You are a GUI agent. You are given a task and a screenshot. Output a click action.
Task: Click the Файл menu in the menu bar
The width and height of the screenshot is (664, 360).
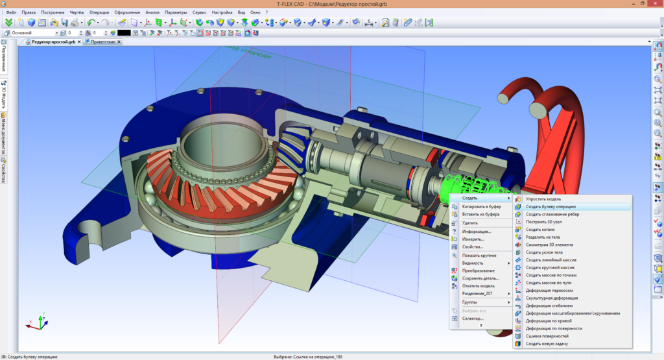(x=11, y=12)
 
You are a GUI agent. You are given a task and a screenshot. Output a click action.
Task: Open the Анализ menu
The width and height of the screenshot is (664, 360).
(x=152, y=12)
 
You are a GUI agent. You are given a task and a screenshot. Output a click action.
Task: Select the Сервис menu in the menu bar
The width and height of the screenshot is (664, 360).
(x=200, y=12)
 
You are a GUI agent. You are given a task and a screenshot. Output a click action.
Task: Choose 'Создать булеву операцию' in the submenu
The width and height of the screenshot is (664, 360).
(x=551, y=206)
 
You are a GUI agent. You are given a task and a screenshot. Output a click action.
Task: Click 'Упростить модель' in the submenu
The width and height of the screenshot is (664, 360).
(x=543, y=198)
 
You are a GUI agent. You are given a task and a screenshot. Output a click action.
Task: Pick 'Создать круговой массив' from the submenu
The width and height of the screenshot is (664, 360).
(x=551, y=267)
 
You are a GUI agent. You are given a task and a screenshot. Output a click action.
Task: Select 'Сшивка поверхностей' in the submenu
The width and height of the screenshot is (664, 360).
(x=547, y=336)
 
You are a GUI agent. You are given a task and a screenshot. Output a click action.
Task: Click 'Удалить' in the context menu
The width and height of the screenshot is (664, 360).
(x=469, y=222)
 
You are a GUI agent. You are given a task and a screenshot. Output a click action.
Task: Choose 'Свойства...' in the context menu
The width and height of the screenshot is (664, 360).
(x=473, y=246)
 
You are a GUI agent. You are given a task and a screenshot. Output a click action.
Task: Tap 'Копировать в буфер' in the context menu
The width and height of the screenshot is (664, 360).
(x=481, y=206)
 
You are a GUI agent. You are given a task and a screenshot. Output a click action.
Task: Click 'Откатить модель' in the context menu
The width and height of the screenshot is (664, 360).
(x=479, y=285)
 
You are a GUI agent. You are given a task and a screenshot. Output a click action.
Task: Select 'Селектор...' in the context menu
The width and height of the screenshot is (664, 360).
(x=473, y=318)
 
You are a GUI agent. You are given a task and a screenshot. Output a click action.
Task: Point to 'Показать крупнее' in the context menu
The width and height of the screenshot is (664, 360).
(x=479, y=256)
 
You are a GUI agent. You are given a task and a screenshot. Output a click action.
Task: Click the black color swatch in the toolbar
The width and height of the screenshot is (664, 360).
(x=123, y=32)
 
